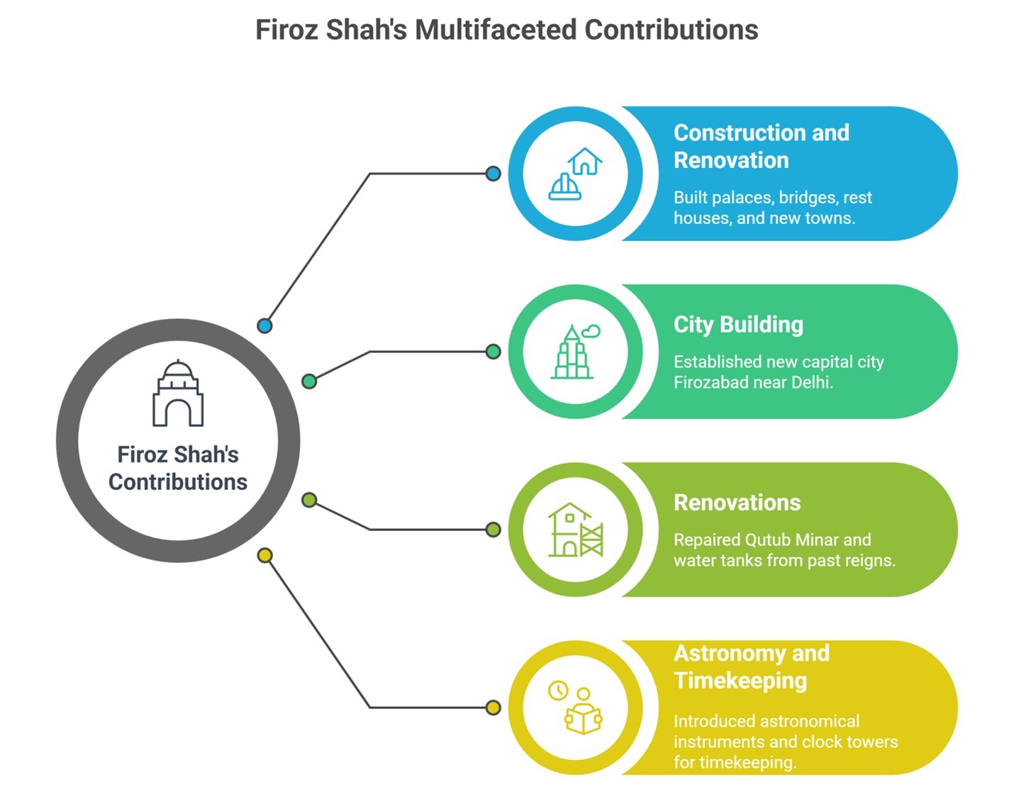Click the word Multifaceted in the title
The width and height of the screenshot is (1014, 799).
496,30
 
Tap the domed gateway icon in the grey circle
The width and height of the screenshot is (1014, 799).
178,393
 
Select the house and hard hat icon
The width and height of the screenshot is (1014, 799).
575,174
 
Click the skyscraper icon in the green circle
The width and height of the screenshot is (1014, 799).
575,352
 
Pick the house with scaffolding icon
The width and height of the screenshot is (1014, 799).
575,530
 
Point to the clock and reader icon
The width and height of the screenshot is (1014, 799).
575,707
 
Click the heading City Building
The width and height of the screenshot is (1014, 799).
738,325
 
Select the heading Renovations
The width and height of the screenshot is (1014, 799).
737,503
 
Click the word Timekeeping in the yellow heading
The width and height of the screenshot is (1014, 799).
740,681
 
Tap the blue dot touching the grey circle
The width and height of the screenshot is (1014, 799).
264,325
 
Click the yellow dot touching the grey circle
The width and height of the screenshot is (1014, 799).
264,555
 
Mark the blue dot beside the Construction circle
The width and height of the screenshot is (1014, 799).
493,174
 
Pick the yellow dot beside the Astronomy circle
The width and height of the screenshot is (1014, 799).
493,707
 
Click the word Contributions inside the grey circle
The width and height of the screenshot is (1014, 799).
178,482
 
